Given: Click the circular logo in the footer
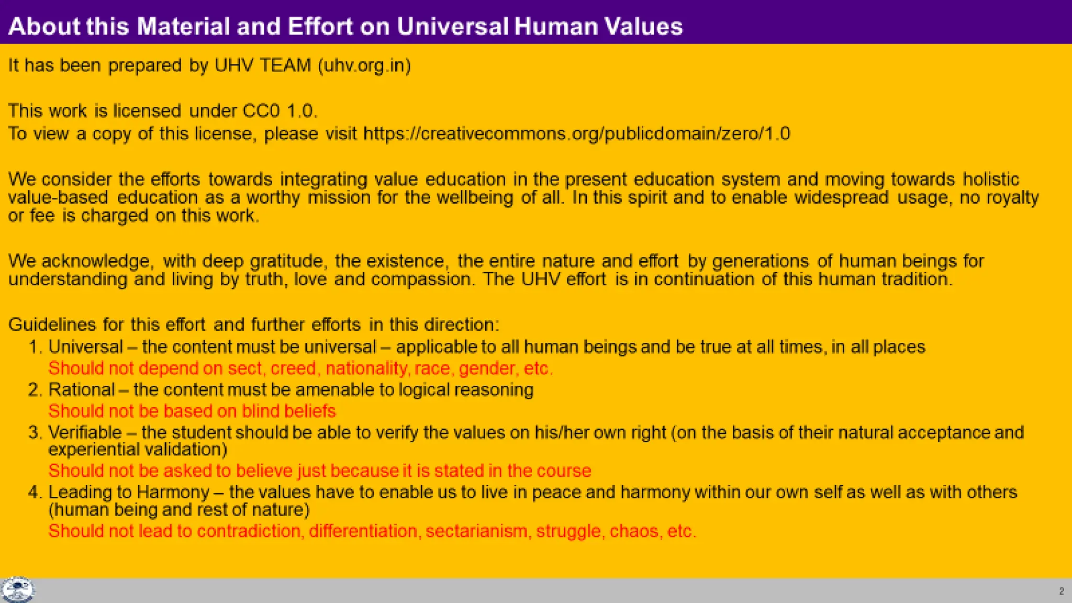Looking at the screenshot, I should [x=18, y=590].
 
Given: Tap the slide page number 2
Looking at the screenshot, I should [x=1061, y=591].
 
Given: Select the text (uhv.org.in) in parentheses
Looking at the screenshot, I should [x=364, y=65].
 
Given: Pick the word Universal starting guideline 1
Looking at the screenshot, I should [x=85, y=347].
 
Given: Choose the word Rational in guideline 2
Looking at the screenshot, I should [x=81, y=390].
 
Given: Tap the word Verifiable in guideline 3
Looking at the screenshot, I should [x=85, y=433].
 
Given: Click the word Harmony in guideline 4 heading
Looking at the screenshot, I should [x=173, y=493].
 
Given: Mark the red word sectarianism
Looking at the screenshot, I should [x=476, y=531].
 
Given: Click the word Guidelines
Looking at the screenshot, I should [x=52, y=325].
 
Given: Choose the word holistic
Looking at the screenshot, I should [x=991, y=180].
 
